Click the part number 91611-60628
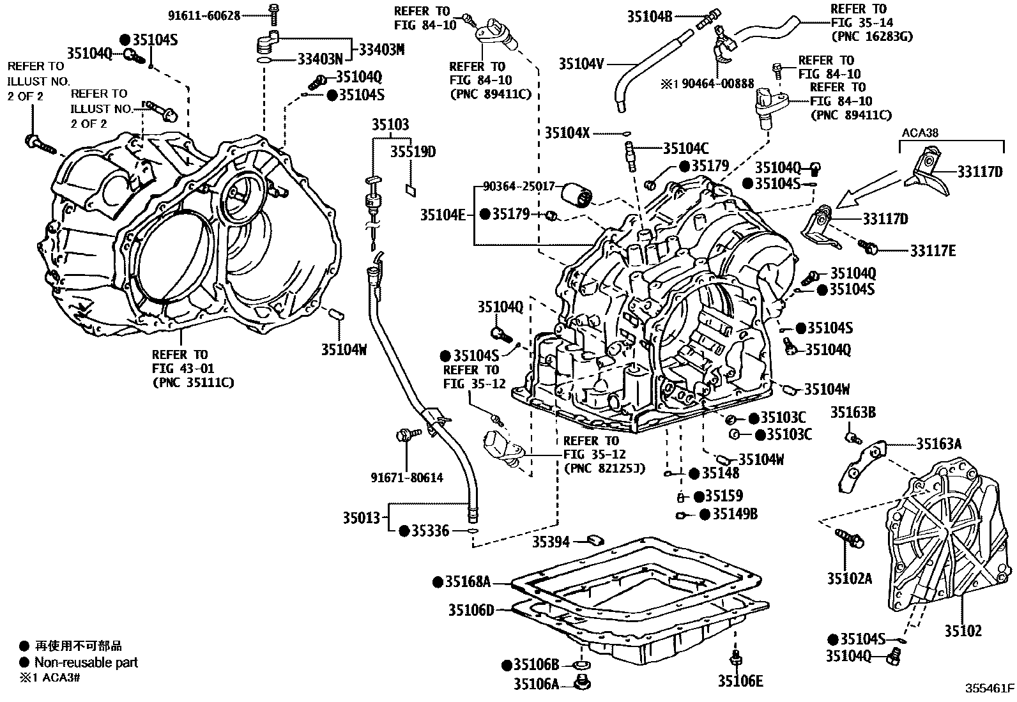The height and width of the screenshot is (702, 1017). pos(204,15)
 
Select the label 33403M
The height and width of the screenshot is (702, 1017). pos(381,49)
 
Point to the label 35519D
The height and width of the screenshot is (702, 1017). pos(413,152)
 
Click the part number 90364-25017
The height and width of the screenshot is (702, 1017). pos(519,187)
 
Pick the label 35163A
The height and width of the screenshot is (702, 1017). pos(938,444)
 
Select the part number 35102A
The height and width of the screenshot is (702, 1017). pos(849,579)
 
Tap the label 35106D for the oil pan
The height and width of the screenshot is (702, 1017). pos(471,610)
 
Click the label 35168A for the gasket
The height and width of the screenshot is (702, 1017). pos(468,582)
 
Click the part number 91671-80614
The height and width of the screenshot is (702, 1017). pos(406,477)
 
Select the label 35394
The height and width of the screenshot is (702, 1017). pos(551,542)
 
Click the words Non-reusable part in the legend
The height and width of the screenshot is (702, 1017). pos(86,662)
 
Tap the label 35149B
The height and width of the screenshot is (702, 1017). pos(735,514)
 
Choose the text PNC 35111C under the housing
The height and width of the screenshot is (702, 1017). pos(193,383)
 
